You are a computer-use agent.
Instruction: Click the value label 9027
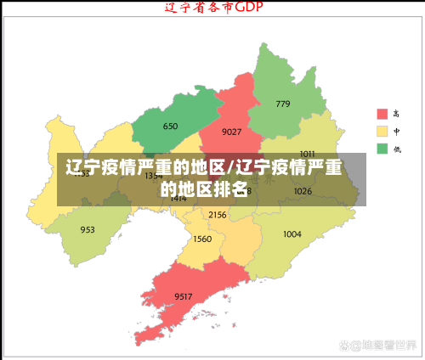[231, 132]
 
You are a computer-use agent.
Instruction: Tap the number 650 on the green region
[170, 127]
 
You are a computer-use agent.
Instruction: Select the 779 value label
[282, 104]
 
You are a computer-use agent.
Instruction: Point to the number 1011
[307, 154]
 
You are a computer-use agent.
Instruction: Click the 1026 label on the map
[303, 191]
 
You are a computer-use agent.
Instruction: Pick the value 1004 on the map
[292, 233]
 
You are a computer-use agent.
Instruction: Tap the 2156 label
[217, 215]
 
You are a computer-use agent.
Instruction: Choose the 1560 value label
[202, 239]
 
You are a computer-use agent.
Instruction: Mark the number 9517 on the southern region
[184, 295]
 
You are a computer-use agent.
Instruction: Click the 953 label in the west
[88, 229]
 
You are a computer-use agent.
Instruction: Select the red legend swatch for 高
[382, 114]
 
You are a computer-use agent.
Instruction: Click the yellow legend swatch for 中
[382, 131]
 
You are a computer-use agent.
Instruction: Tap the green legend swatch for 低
[382, 149]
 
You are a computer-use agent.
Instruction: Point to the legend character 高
[396, 114]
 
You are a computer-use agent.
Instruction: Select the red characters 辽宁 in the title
[174, 8]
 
